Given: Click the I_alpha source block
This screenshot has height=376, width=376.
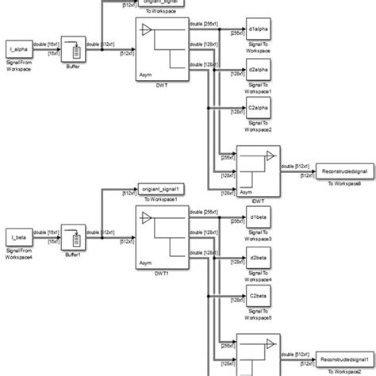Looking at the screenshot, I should click(17, 48).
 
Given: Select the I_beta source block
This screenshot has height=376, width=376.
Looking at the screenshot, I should click(17, 236).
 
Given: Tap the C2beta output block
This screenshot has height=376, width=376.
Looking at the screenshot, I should click(258, 297).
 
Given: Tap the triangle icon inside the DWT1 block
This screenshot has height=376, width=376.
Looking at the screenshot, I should click(146, 216).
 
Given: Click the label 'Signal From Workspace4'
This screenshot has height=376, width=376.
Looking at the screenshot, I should click(20, 253).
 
